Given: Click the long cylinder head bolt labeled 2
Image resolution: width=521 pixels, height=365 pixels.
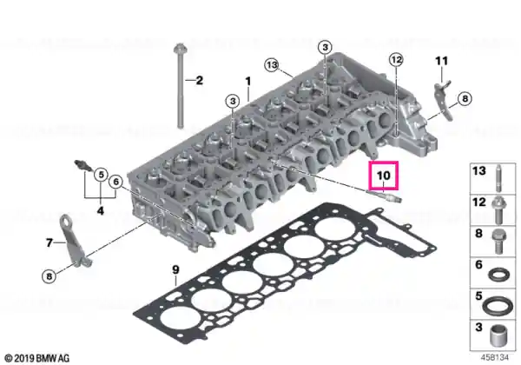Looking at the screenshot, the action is (x=180, y=86).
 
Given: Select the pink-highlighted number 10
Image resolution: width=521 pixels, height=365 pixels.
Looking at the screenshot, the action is (x=383, y=176).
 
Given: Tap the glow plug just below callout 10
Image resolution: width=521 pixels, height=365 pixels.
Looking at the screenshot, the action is (x=385, y=196).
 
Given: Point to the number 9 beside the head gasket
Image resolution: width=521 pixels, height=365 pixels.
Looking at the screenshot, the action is (x=175, y=269).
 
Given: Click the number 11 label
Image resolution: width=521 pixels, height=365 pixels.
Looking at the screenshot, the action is (x=442, y=61).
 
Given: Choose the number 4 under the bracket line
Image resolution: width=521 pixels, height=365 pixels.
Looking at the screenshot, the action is (x=101, y=210).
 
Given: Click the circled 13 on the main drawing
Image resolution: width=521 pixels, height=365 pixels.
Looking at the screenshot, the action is (x=272, y=65).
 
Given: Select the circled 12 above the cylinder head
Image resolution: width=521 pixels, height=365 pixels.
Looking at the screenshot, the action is (x=396, y=60).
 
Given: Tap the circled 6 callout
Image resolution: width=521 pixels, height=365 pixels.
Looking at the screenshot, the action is (x=115, y=182).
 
